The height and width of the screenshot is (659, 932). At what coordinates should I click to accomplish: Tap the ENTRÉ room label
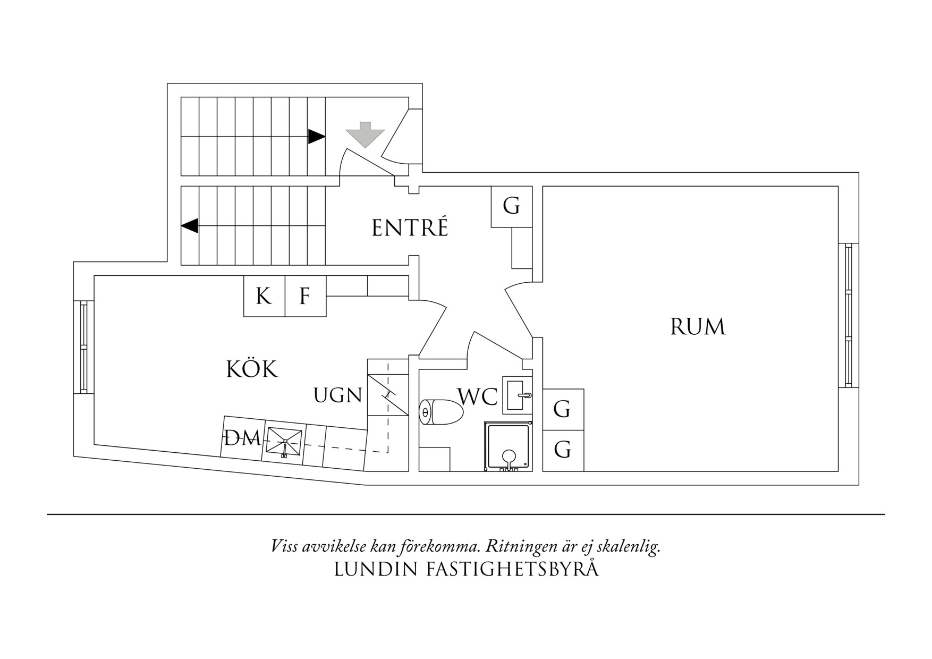pos(410,228)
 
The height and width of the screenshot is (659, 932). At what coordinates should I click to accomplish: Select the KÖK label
pos(252,369)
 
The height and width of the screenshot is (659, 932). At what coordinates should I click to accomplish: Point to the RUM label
pos(697,327)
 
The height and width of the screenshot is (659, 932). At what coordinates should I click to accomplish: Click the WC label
pos(478,396)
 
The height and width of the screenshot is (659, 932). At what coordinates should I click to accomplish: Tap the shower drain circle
pos(509,456)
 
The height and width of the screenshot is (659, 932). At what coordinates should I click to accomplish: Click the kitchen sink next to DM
pos(284,443)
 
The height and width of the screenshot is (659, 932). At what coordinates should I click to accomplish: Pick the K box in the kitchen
pos(264,296)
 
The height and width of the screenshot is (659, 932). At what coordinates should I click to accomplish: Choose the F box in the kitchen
pos(305,296)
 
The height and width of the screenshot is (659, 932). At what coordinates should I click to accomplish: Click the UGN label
pos(338,395)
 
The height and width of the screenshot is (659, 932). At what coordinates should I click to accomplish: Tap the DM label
pos(242,439)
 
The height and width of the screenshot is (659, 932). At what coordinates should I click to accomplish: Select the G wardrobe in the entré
pos(511,206)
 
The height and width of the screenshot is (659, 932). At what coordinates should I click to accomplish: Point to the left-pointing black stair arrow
pos(190,226)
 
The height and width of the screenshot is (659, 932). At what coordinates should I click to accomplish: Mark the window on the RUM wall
pos(848,315)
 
